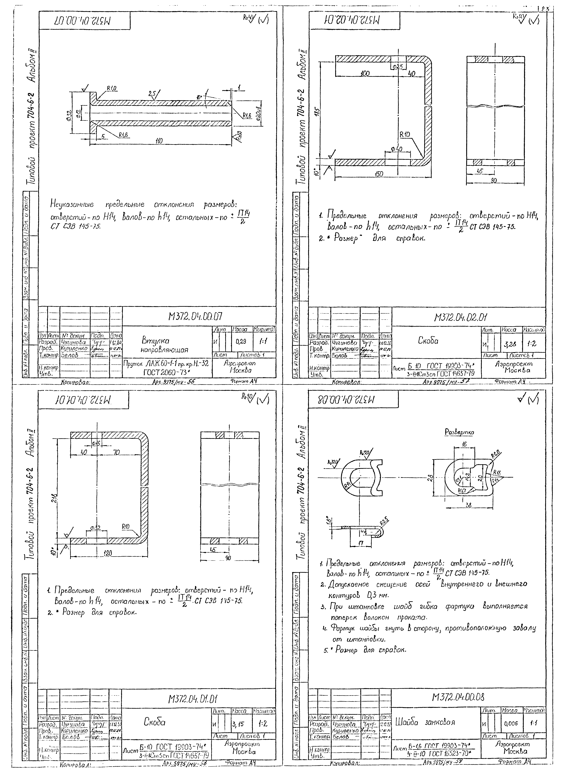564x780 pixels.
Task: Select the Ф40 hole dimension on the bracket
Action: [396, 149]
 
